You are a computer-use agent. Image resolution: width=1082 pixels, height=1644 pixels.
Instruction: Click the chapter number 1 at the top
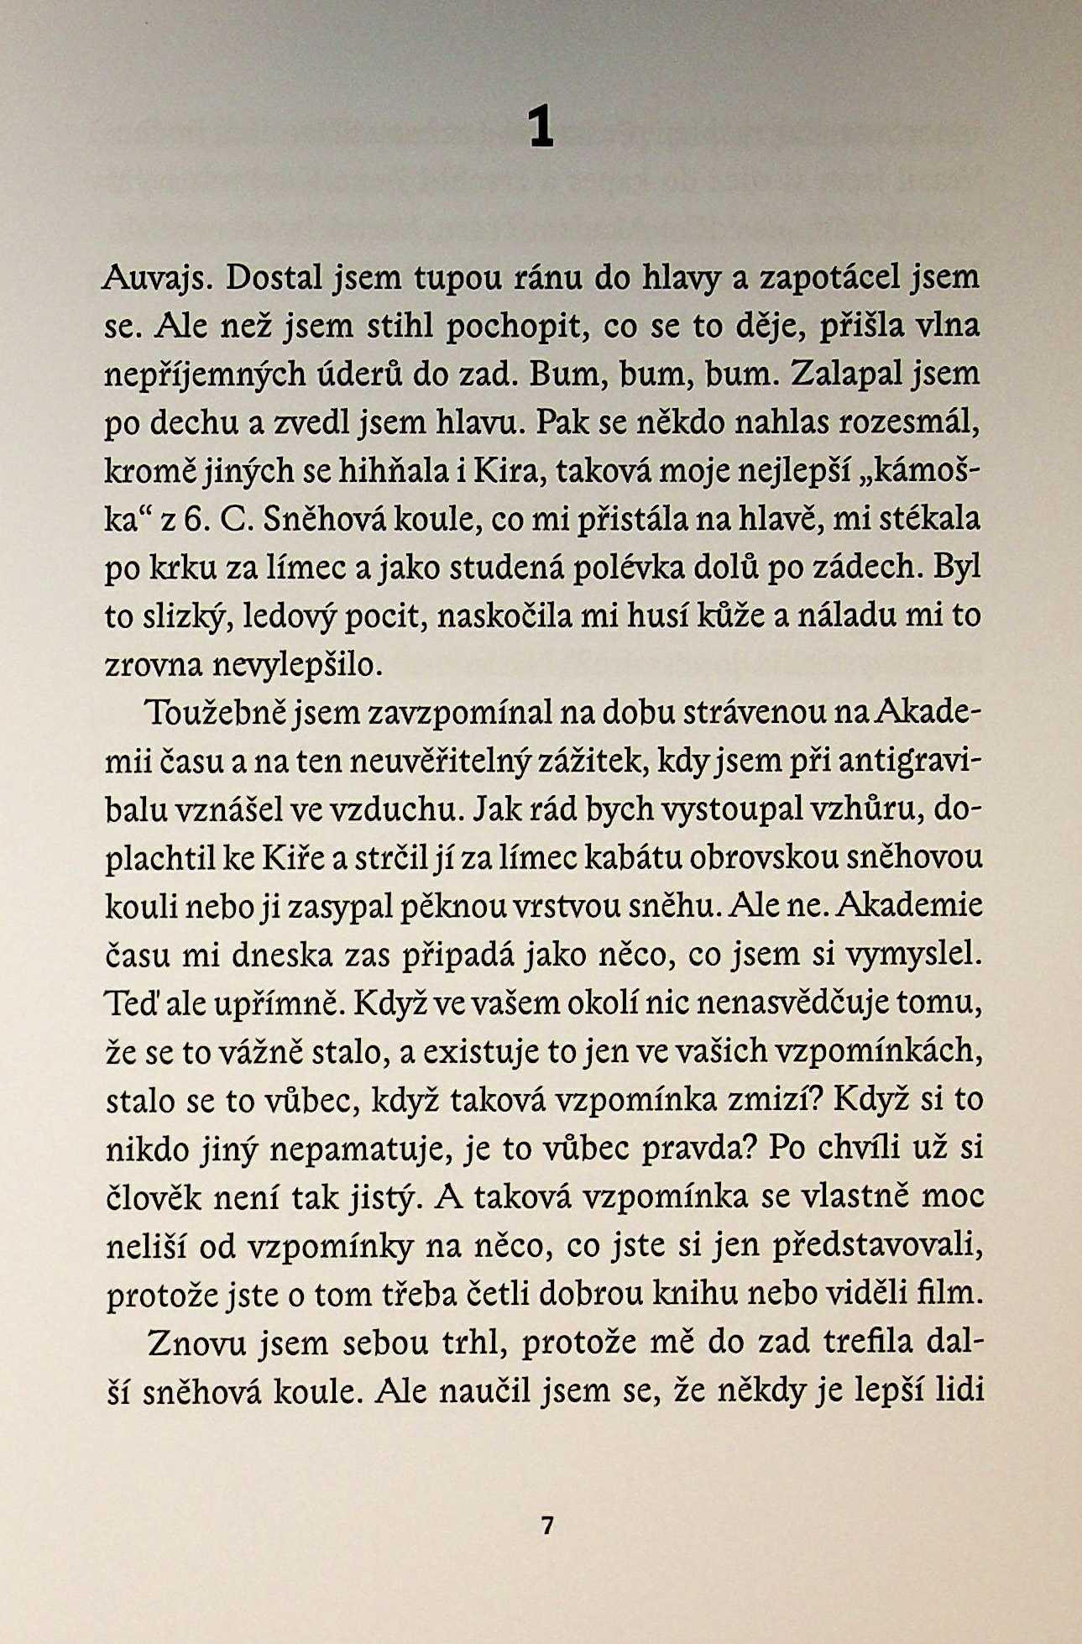coord(541,128)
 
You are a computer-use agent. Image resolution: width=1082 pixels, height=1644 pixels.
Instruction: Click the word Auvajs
coord(156,278)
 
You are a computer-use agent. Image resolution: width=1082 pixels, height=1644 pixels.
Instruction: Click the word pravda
coord(693,1149)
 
